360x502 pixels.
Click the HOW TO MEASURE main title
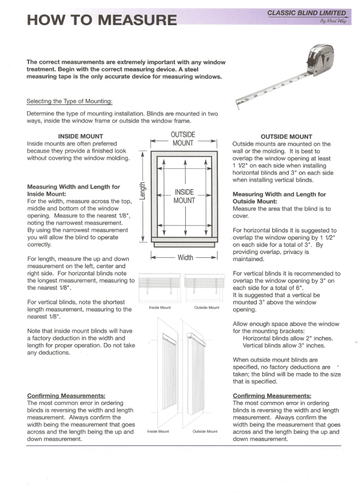point(102,19)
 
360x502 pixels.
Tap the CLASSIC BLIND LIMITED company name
point(306,13)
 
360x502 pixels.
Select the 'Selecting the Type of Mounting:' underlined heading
point(69,101)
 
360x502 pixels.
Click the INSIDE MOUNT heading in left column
point(81,136)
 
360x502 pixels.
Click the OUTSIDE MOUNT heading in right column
point(286,136)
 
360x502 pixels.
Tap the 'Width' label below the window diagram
point(185,257)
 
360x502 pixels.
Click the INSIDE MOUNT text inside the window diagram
point(184,196)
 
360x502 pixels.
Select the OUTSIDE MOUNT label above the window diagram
point(183,139)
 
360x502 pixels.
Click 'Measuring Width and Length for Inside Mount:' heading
point(73,190)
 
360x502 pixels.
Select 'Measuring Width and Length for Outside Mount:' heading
point(279,198)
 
